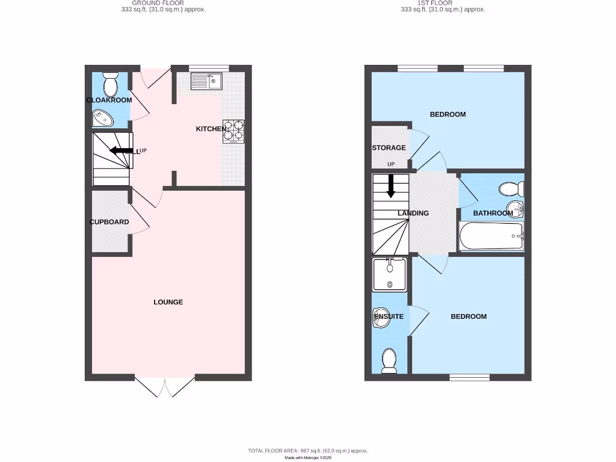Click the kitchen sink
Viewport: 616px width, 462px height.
tap(207, 81)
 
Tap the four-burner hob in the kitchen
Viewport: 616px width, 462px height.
tap(233, 131)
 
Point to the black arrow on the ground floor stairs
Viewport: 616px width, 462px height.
tap(122, 150)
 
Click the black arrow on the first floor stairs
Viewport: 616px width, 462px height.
tap(390, 185)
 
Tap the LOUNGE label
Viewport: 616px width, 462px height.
tap(168, 302)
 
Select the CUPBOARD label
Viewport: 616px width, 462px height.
tap(109, 222)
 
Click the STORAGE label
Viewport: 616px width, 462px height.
tap(389, 147)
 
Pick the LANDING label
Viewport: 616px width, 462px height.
tap(413, 213)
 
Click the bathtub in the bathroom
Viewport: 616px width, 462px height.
tap(491, 236)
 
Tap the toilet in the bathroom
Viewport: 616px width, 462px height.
tap(510, 189)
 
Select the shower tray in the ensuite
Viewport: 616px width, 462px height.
tap(390, 274)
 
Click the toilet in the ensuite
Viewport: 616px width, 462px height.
tap(389, 360)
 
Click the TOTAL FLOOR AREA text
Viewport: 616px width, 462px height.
tap(308, 451)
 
